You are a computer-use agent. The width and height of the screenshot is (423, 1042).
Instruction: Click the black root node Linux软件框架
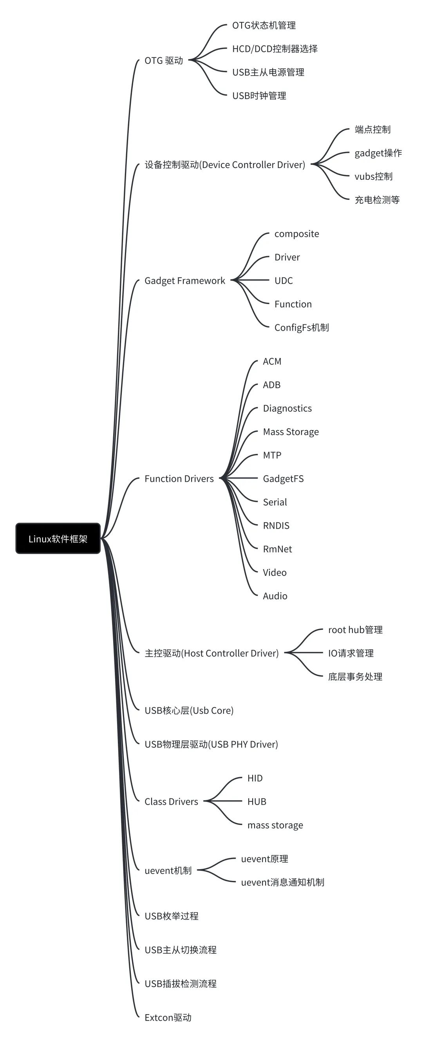[x=58, y=538]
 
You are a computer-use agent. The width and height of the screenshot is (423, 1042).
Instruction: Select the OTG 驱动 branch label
[x=164, y=61]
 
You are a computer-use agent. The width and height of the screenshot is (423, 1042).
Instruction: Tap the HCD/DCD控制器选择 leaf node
[x=275, y=49]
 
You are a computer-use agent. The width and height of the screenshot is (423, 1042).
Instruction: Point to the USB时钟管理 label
[x=259, y=96]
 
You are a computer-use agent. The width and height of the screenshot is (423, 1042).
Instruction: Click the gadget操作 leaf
[x=378, y=153]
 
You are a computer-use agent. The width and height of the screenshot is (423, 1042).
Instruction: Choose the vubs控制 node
[x=373, y=176]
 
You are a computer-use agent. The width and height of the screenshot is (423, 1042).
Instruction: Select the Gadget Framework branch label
[x=184, y=281]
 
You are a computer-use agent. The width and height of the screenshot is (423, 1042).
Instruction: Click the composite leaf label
[x=296, y=234]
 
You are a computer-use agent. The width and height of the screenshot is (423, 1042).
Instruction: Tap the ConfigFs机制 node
[x=301, y=327]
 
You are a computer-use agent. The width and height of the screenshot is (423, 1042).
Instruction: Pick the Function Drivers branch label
[x=179, y=479]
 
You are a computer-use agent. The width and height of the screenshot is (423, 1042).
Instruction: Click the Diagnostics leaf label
[x=287, y=409]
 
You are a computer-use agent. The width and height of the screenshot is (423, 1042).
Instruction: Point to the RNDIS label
[x=276, y=526]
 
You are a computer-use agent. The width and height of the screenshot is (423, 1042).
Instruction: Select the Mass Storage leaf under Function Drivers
[x=290, y=432]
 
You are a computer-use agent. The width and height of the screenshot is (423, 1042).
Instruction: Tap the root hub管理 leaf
[x=355, y=630]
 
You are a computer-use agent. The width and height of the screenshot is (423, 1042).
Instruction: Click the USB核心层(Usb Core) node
[x=189, y=711]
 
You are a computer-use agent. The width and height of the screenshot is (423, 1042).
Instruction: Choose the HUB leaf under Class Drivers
[x=257, y=802]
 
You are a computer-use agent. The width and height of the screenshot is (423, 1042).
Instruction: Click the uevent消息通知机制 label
[x=282, y=883]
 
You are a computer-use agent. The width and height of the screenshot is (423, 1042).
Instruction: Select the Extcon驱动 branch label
[x=168, y=1018]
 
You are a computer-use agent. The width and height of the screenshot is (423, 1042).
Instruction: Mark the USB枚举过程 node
[x=172, y=916]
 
